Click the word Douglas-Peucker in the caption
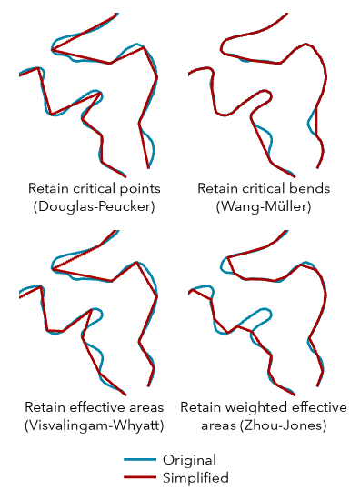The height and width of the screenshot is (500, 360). [x=95, y=207]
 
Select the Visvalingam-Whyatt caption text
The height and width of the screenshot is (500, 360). [x=95, y=425]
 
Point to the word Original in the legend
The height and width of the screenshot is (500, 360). [x=189, y=460]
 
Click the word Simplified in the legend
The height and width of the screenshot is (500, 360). [x=195, y=477]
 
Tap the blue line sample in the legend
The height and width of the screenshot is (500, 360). [x=139, y=460]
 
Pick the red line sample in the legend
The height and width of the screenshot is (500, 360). [x=139, y=477]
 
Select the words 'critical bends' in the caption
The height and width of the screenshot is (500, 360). [x=285, y=189]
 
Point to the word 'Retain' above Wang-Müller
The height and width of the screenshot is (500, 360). [x=218, y=189]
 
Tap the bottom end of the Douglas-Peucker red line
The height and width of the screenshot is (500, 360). [x=125, y=175]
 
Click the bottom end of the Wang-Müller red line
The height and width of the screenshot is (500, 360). [x=317, y=168]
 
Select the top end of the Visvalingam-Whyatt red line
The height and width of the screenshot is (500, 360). [x=116, y=231]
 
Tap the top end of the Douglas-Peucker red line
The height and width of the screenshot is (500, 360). [x=116, y=15]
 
